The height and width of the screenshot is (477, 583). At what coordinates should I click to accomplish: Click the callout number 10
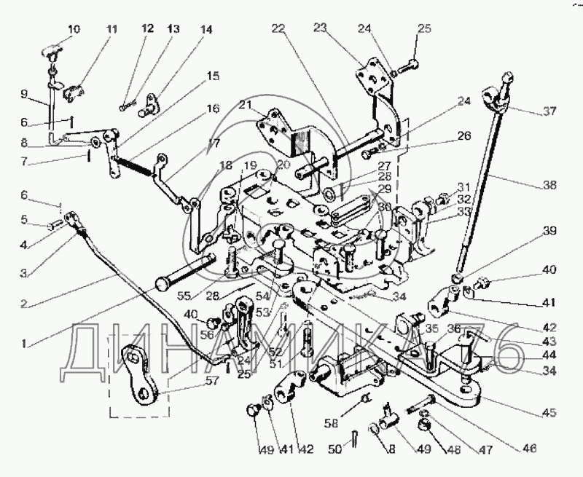(75, 30)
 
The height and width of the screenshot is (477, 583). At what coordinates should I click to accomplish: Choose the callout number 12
(148, 29)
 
